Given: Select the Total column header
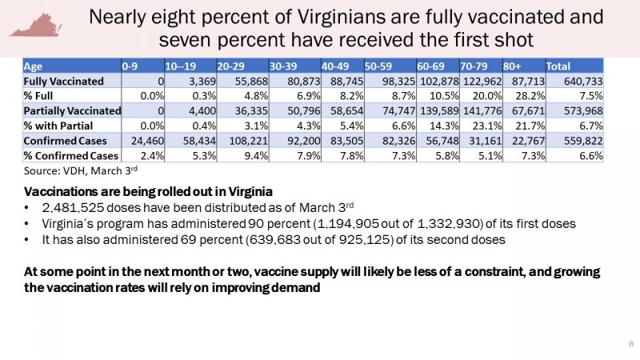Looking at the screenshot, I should [x=560, y=66].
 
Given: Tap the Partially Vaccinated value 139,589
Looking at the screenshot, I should [x=476, y=110].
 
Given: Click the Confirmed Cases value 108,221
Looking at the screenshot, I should [x=241, y=139].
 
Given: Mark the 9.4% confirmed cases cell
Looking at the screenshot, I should [x=246, y=154].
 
